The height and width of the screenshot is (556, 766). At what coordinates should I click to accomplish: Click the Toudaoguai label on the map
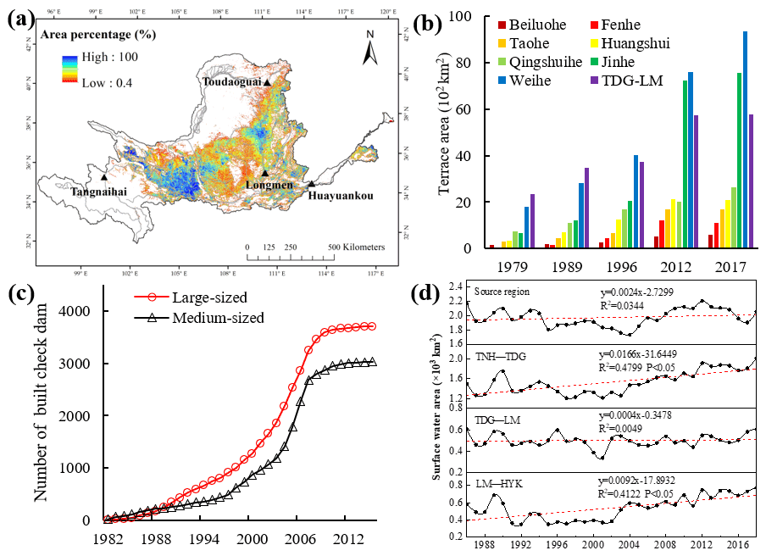pos(231,82)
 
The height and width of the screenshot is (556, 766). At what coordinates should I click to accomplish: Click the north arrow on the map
pos(370,48)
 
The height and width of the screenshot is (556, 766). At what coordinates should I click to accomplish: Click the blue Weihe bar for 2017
pos(745,140)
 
